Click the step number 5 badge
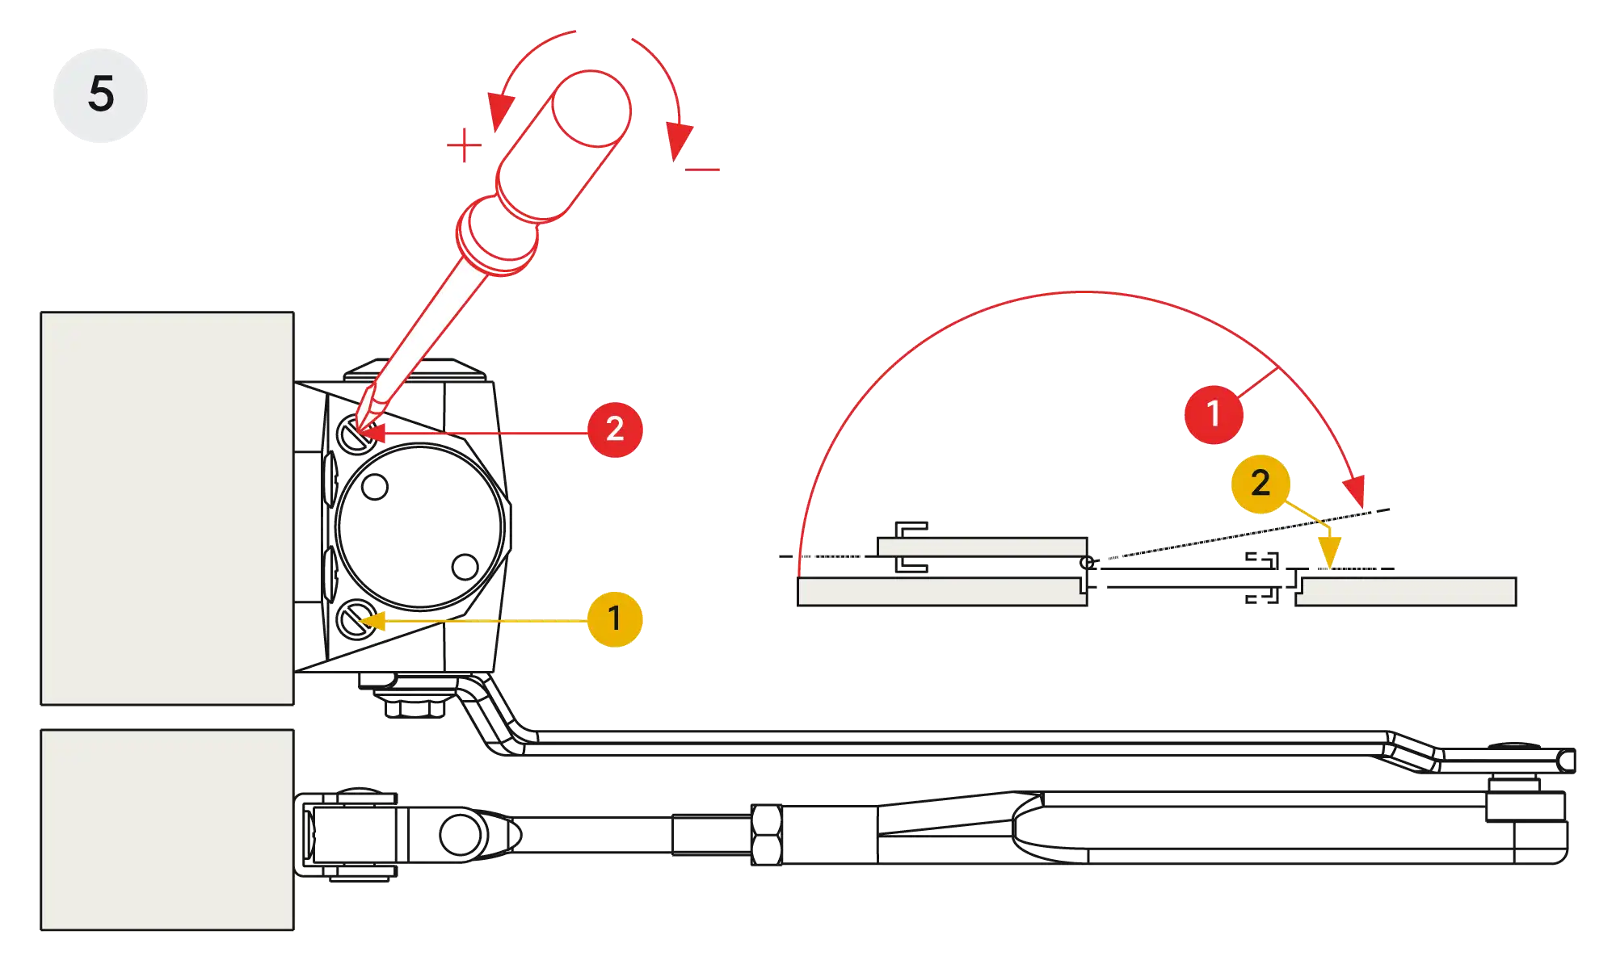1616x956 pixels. tap(100, 94)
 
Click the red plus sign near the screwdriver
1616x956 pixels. tap(464, 146)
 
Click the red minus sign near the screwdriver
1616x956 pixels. tap(704, 170)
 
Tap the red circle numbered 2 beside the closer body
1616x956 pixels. tap(615, 429)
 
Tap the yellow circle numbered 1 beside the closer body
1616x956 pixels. tap(615, 618)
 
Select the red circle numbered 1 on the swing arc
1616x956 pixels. tap(1213, 413)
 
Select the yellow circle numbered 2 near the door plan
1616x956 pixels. tap(1260, 483)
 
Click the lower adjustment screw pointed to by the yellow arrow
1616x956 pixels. tap(354, 620)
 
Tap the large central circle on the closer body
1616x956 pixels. tap(421, 526)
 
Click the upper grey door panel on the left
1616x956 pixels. tap(167, 509)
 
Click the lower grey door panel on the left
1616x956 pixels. tap(167, 830)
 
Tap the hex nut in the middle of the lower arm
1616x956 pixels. tap(766, 835)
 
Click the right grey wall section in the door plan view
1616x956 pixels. tap(1406, 591)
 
